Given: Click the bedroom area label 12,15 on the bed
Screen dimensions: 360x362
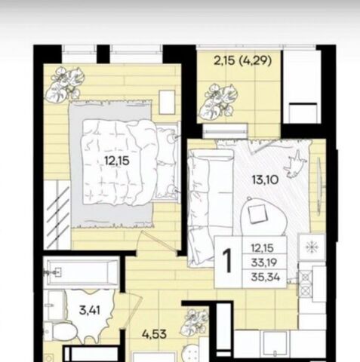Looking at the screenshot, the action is tap(117, 161).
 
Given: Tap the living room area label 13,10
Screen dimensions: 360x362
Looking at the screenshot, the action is tap(265, 179).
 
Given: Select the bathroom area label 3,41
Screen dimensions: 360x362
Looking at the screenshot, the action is tap(90, 311).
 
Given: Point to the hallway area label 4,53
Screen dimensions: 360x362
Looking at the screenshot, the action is tap(154, 334).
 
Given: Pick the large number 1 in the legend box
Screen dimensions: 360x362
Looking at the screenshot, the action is tap(228, 261).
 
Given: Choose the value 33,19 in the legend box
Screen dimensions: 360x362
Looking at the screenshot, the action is tap(264, 262).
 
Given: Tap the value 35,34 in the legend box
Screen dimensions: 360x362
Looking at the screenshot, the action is tap(266, 278).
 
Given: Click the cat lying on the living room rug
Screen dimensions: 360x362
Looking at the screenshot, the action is tap(295, 164).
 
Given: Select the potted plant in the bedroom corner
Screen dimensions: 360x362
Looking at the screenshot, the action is tap(65, 84).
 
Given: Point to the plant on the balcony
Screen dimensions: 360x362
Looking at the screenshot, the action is tap(218, 102).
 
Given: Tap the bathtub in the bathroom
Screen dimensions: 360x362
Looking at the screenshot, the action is tap(82, 272).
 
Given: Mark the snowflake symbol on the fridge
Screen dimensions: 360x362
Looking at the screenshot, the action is tap(312, 247).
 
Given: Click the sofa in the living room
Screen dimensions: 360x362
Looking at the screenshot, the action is tap(211, 207).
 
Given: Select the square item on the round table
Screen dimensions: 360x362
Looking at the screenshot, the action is tap(257, 213).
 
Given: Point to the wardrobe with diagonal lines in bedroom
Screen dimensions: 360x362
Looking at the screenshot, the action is tap(57, 215).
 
